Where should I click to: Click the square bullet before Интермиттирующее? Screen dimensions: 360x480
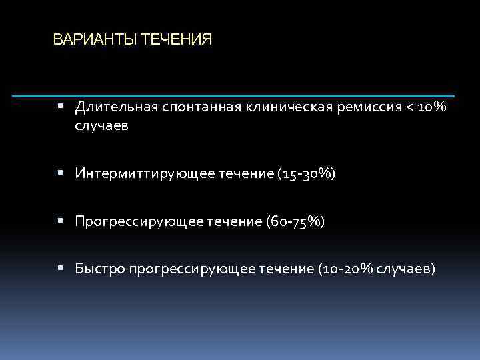[60, 173]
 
